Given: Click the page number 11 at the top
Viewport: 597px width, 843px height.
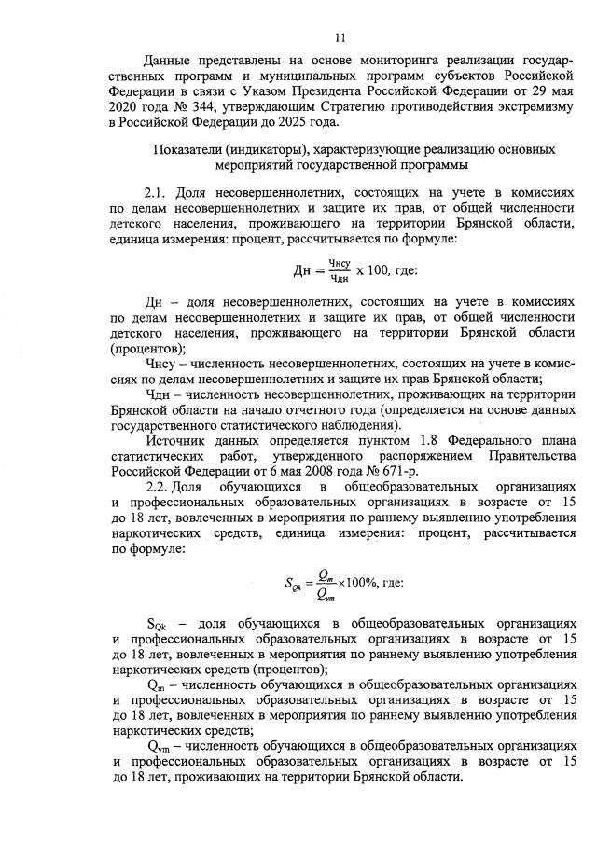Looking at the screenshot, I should point(340,37).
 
